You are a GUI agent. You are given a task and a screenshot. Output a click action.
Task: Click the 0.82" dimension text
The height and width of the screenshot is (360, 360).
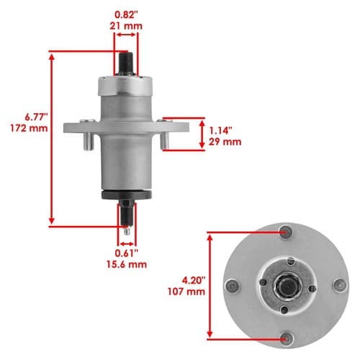[127, 15]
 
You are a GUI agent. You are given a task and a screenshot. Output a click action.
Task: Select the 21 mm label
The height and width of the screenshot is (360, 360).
[126, 26]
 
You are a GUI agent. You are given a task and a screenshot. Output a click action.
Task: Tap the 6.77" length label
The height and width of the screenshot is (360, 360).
[37, 117]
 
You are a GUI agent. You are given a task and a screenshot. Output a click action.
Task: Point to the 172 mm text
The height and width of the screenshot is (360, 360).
[29, 128]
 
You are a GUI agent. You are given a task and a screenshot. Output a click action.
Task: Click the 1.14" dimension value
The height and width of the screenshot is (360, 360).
[221, 131]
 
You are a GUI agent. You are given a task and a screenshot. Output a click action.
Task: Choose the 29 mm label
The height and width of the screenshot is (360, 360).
[225, 142]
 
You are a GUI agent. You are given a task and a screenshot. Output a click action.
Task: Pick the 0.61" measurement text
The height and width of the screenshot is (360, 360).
[127, 253]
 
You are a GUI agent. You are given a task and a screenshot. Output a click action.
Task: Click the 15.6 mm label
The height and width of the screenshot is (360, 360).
[127, 264]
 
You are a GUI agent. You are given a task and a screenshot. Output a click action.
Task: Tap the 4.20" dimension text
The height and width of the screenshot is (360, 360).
[194, 280]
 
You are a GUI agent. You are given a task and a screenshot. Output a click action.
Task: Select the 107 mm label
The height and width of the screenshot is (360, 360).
[186, 292]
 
